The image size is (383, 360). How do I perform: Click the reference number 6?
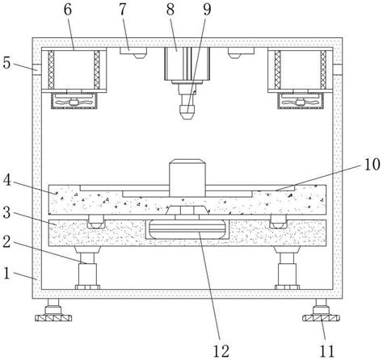point(68,10)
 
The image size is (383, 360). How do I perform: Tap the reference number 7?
point(123,10)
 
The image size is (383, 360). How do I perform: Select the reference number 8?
point(170,10)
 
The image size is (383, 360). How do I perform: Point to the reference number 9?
point(207,10)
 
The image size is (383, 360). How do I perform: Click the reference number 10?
point(372,165)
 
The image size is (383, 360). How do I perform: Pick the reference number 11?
point(327,351)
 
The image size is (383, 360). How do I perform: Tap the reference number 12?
point(221,351)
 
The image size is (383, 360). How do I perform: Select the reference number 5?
point(6,63)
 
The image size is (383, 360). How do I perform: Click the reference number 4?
point(7,181)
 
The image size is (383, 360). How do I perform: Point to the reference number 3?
point(6,212)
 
